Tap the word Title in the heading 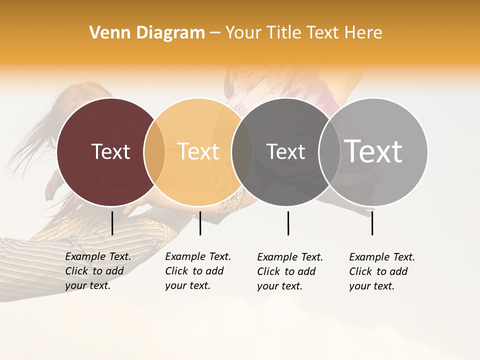[x=283, y=33]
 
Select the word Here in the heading [x=363, y=33]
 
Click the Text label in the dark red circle [x=110, y=151]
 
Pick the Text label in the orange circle [x=198, y=151]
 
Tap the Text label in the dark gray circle [x=285, y=151]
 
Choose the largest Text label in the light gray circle [x=373, y=151]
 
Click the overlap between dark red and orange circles [x=154, y=152]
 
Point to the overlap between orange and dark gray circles [x=242, y=152]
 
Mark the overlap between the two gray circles [x=329, y=152]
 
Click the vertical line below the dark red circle [x=112, y=223]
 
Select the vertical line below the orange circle [x=200, y=223]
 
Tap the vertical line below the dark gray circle [x=288, y=223]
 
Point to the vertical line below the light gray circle [x=372, y=223]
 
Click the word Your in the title [x=243, y=33]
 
